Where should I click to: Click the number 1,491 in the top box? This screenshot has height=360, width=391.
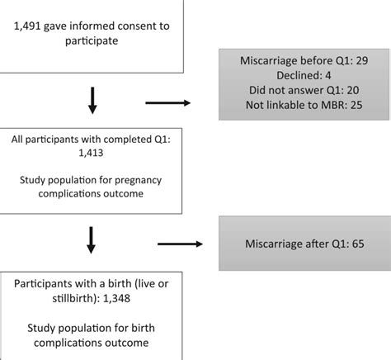[x=28, y=26]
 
